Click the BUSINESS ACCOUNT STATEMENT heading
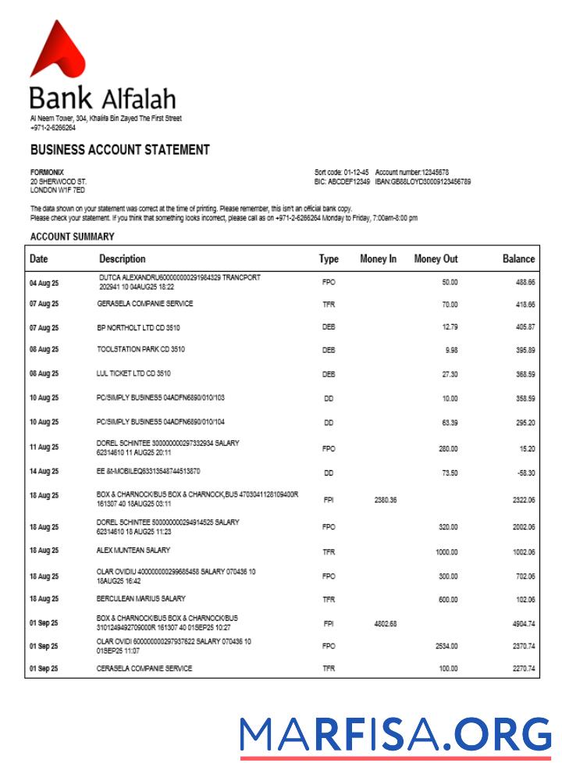tap(119, 149)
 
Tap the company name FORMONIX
tap(47, 172)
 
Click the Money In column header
tap(378, 259)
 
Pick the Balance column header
tap(518, 259)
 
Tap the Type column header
tap(329, 259)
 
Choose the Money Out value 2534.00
tap(446, 646)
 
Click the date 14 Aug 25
tap(44, 472)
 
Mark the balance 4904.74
tap(523, 624)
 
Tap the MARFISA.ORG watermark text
tap(395, 735)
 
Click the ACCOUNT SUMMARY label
tap(73, 235)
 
